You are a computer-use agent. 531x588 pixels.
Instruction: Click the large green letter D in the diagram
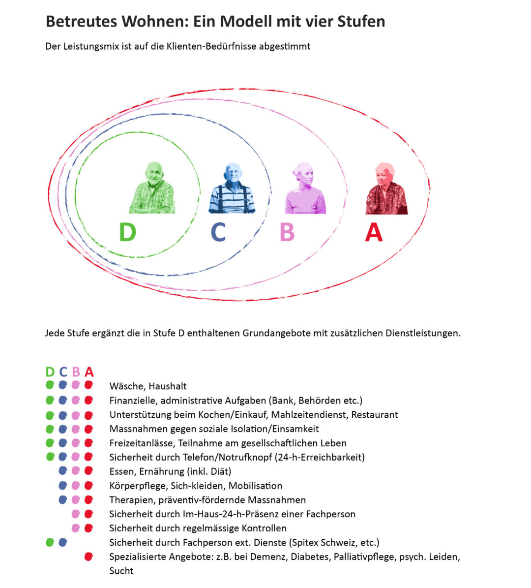127,232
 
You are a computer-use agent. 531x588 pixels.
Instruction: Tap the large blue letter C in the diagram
218,232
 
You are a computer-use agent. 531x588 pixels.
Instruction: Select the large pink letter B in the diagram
287,232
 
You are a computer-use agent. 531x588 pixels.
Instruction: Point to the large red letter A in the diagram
374,232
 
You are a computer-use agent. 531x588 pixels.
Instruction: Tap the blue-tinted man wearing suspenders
232,189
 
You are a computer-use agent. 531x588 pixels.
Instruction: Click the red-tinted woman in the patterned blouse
386,189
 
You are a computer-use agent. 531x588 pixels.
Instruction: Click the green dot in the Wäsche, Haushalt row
50,385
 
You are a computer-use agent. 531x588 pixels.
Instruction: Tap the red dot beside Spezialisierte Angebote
88,557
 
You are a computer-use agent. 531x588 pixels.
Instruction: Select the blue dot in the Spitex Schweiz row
62,543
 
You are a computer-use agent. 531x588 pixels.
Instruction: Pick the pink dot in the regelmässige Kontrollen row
75,528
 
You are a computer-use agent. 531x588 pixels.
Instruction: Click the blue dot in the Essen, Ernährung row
62,471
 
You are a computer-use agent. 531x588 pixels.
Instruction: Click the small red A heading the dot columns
89,372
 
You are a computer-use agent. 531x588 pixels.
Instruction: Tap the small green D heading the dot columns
50,372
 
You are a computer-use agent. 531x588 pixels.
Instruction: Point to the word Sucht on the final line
121,571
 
